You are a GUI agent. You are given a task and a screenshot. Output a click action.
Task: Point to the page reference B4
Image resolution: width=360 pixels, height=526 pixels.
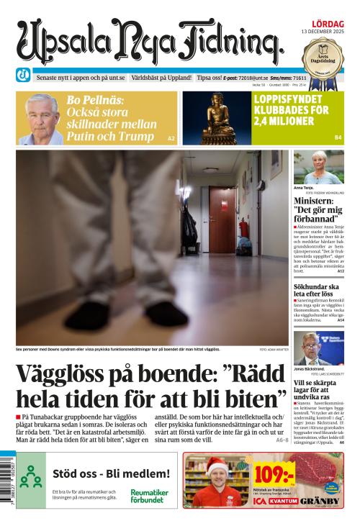point(337,137)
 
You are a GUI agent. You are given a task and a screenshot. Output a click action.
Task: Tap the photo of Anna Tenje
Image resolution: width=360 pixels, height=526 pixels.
point(318,168)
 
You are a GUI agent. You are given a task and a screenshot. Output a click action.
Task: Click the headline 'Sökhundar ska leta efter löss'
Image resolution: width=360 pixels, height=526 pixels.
point(318,290)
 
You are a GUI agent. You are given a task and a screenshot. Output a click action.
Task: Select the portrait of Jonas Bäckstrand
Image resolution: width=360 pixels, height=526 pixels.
point(318,348)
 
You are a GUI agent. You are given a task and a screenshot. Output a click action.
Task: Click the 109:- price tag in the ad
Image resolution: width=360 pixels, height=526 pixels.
point(274,474)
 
